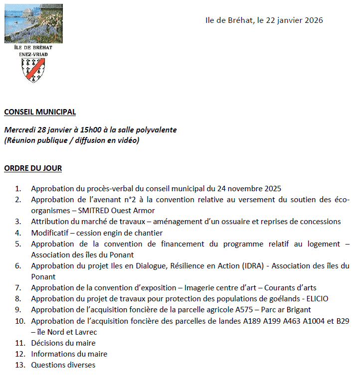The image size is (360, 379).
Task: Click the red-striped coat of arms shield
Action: pyautogui.click(x=34, y=69)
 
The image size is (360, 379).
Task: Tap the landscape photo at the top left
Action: pyautogui.click(x=34, y=23)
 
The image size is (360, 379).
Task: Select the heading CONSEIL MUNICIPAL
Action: pyautogui.click(x=40, y=112)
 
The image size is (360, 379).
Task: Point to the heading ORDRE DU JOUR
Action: pyautogui.click(x=33, y=168)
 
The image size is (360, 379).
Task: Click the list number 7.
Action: pyautogui.click(x=18, y=288)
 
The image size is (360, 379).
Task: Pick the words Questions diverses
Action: pyautogui.click(x=63, y=365)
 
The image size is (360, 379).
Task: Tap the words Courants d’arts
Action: pyautogui.click(x=290, y=288)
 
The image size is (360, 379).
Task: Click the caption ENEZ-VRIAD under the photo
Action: pyautogui.click(x=34, y=53)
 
